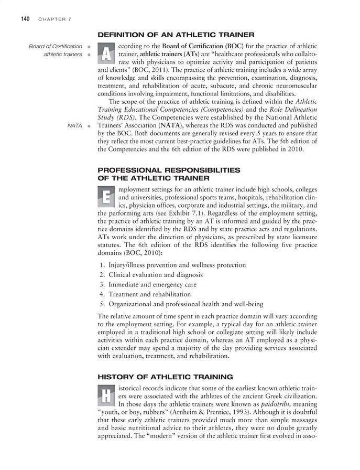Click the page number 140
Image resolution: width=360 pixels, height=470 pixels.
25,19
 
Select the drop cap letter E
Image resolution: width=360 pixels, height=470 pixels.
107,197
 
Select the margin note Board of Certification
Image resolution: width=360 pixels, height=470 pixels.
56,47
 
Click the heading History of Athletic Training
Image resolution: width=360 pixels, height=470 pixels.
165,377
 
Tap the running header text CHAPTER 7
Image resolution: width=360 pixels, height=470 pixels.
54,19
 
